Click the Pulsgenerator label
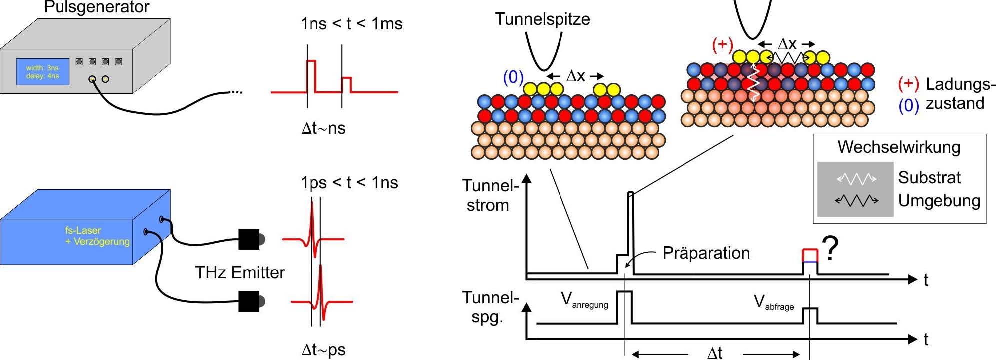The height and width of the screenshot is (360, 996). click(x=96, y=7)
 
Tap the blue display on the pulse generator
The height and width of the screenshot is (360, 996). click(x=42, y=72)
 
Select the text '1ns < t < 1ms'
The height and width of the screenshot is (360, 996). click(x=351, y=24)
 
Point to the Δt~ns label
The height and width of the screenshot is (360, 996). click(x=323, y=128)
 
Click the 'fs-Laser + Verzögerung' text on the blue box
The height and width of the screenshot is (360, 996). click(x=97, y=236)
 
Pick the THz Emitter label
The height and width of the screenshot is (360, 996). click(x=240, y=272)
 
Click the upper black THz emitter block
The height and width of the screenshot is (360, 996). click(x=249, y=239)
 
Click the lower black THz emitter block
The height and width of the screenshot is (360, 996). click(x=249, y=301)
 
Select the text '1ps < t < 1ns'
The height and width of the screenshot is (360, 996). click(x=349, y=183)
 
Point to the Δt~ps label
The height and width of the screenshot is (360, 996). click(x=323, y=350)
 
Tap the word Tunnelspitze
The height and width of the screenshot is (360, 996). click(x=542, y=19)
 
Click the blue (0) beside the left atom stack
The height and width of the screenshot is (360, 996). click(x=513, y=77)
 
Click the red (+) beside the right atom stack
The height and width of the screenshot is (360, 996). click(x=722, y=45)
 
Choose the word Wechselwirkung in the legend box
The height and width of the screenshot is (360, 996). click(x=899, y=147)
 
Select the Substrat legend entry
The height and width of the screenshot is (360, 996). click(x=929, y=177)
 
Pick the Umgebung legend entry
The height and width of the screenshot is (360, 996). click(x=939, y=201)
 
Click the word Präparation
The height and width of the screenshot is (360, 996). click(x=706, y=253)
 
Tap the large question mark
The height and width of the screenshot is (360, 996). click(x=830, y=248)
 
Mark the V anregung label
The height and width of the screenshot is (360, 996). click(x=584, y=300)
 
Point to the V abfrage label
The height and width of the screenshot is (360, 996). click(x=773, y=302)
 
